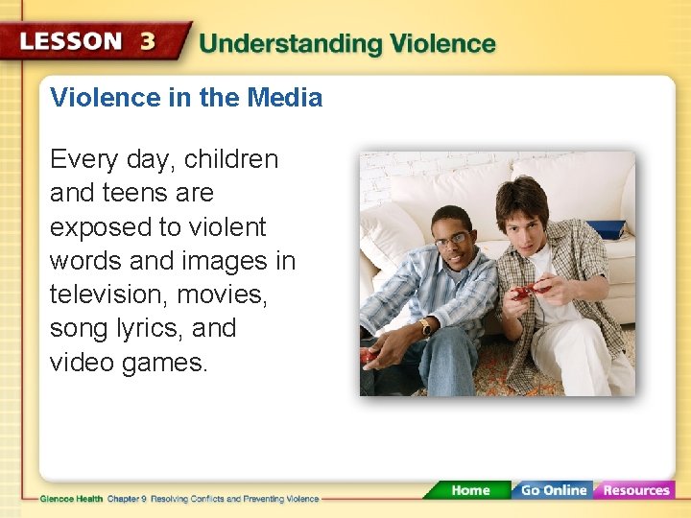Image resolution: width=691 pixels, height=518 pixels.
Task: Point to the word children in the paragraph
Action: point(230,159)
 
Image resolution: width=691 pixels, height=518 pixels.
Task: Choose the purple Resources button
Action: point(635,490)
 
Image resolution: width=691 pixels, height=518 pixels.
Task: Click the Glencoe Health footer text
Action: point(72,499)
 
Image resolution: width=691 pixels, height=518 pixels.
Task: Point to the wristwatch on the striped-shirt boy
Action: point(424,328)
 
